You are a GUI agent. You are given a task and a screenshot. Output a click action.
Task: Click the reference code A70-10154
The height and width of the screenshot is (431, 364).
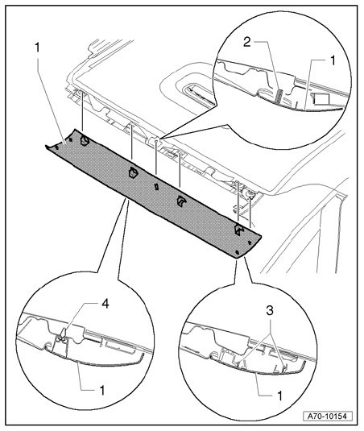(x=328, y=416)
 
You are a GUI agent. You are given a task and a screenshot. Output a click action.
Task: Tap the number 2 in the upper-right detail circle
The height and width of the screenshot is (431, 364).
(x=246, y=42)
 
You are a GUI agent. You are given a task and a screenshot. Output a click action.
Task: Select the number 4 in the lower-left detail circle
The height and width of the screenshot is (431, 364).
(x=105, y=304)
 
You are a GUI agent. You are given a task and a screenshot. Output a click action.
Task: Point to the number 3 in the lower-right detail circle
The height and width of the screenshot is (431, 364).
(x=270, y=311)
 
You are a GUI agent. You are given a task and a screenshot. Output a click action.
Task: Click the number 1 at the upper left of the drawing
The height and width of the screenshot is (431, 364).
(x=37, y=48)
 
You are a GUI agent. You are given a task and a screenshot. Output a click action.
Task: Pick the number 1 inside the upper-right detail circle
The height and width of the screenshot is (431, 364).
(x=333, y=60)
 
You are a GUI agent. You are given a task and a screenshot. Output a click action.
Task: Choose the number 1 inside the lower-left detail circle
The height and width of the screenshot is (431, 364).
(x=102, y=391)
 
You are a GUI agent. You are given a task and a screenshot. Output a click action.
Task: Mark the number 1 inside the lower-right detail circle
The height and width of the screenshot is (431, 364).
(x=280, y=396)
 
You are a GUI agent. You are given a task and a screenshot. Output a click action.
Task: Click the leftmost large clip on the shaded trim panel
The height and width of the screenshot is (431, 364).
(x=85, y=140)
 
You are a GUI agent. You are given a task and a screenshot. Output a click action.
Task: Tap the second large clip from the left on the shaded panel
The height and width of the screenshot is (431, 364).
(x=133, y=172)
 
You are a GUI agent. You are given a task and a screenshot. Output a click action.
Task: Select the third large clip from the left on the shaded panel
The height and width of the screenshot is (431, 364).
(x=181, y=201)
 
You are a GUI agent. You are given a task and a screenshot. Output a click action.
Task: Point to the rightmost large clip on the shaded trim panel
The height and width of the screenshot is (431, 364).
(x=239, y=229)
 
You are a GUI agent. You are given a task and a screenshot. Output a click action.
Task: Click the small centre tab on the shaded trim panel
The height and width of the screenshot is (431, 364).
(x=156, y=187)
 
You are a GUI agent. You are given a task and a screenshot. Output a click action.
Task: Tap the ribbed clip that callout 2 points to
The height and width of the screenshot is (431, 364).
(x=279, y=97)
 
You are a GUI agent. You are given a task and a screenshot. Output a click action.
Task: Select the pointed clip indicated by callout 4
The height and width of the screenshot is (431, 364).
(x=63, y=334)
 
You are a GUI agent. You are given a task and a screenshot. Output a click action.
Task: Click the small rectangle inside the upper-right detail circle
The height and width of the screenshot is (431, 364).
(x=321, y=99)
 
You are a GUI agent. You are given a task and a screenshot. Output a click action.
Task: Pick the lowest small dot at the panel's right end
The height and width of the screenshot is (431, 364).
(x=238, y=252)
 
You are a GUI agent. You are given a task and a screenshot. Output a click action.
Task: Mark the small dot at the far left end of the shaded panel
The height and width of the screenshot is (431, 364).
(x=57, y=147)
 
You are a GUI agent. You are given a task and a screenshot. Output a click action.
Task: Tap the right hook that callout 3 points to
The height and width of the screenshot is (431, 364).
(x=284, y=367)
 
